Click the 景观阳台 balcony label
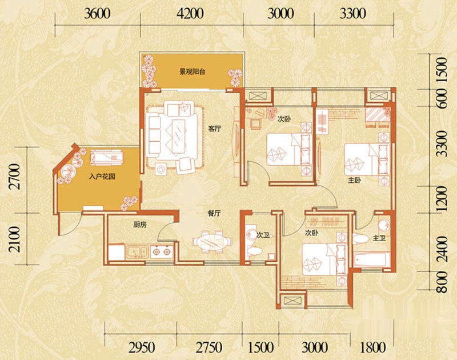pos(192,71)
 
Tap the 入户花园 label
pos(102,177)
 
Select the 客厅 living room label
pos(215,129)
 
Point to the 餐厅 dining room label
pos(214,213)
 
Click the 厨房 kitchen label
pos(140,225)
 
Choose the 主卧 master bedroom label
pos(355,181)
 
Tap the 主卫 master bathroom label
pos(379,238)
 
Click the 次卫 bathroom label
pos(263,235)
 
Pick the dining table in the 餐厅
pos(212,242)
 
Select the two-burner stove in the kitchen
pos(162,252)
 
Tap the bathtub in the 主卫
pos(371,260)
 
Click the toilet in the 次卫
pos(254,251)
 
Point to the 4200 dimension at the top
pos(190,14)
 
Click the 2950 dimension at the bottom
pos(142,347)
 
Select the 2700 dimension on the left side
pos(15,177)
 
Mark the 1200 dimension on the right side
pos(442,199)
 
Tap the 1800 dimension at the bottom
pos(373,347)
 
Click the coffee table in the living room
pos(178,136)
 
